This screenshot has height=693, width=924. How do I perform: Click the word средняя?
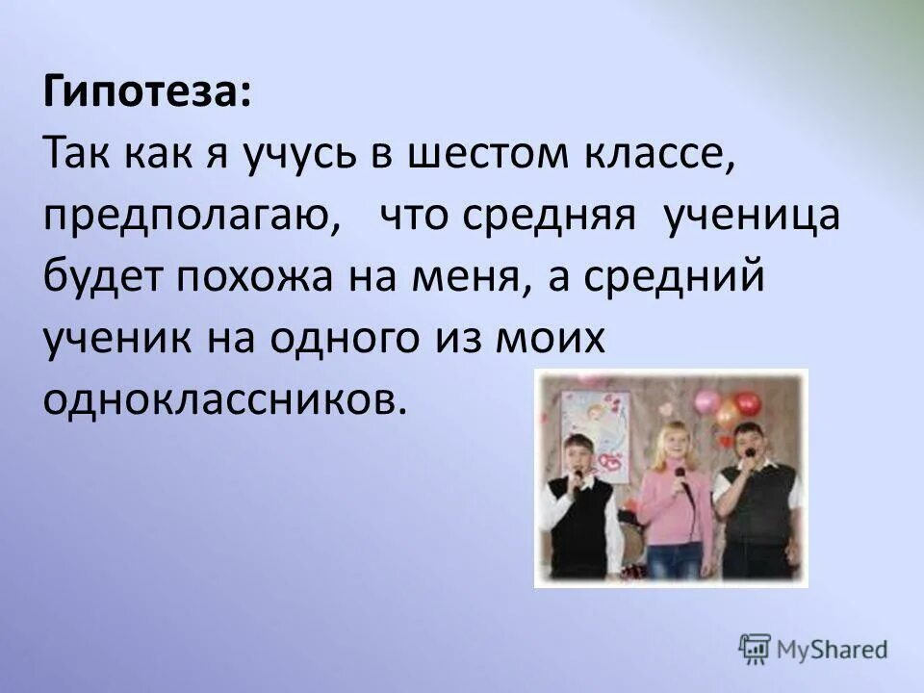click(548, 218)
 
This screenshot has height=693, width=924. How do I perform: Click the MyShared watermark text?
click(834, 650)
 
